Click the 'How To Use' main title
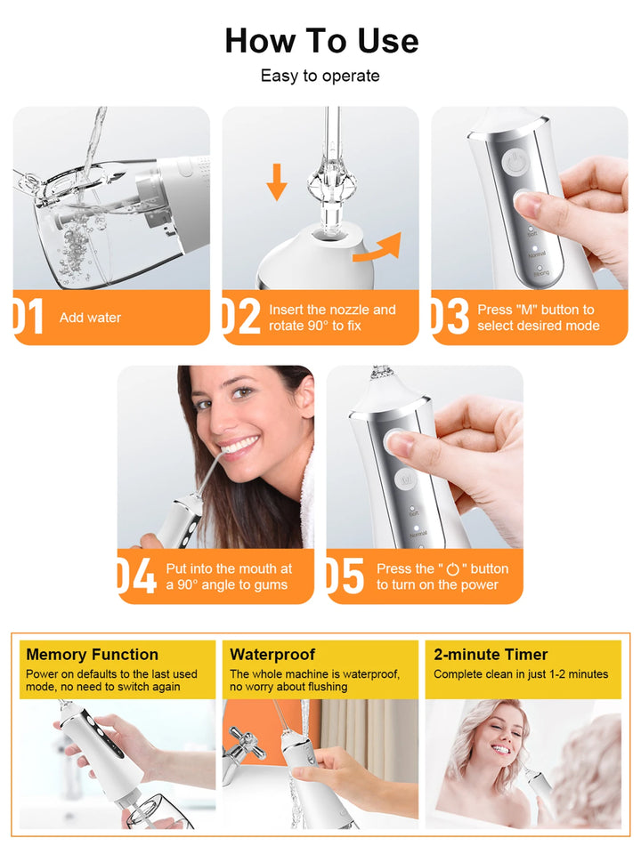pos(320,41)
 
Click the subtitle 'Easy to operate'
pos(320,77)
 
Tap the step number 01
pos(28,318)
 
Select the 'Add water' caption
pos(90,318)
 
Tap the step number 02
pos(240,318)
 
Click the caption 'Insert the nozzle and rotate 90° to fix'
pos(332,318)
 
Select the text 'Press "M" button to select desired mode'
pos(538,318)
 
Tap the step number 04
pos(136,576)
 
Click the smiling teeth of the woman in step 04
pos(238,445)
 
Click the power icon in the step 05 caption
pos(454,569)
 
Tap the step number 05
pos(345,576)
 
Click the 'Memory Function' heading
pos(93,655)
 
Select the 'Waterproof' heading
pos(272,655)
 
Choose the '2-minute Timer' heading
pos(491,655)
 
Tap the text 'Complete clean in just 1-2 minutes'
pos(521,674)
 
